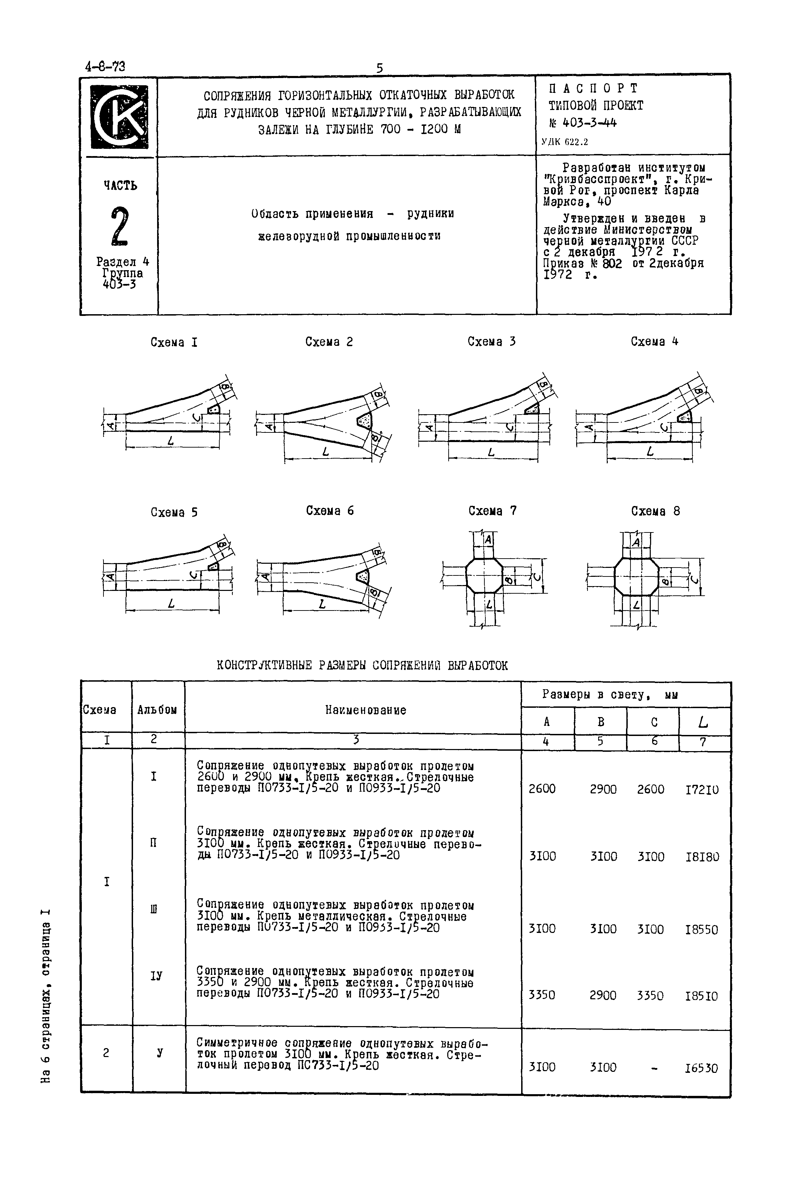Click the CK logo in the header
point(119,117)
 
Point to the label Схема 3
point(492,342)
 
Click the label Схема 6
point(330,511)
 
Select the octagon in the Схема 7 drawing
point(484,576)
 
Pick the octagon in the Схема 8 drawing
point(636,576)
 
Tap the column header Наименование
point(365,710)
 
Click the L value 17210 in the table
point(702,789)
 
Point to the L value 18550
point(702,930)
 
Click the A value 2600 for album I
point(542,789)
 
